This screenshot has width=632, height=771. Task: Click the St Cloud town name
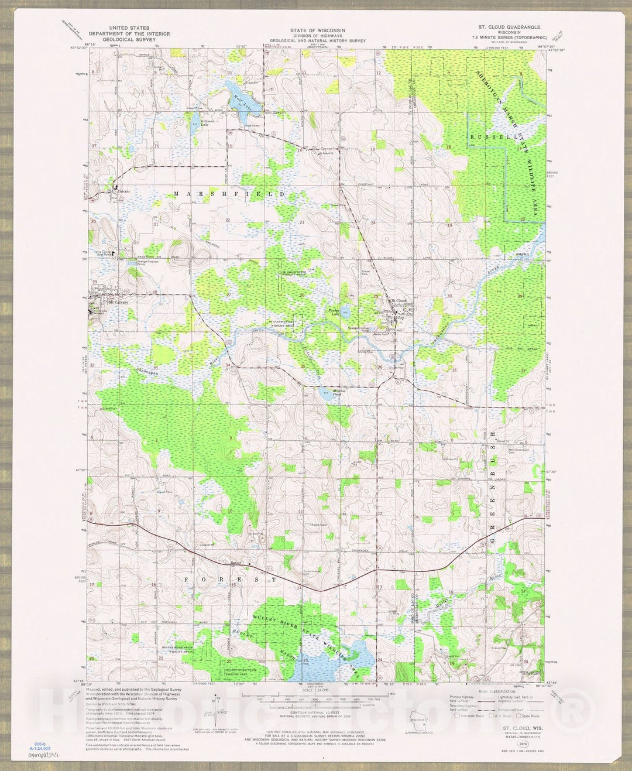pyautogui.click(x=399, y=300)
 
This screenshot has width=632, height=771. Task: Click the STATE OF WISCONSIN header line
pyautogui.click(x=317, y=30)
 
